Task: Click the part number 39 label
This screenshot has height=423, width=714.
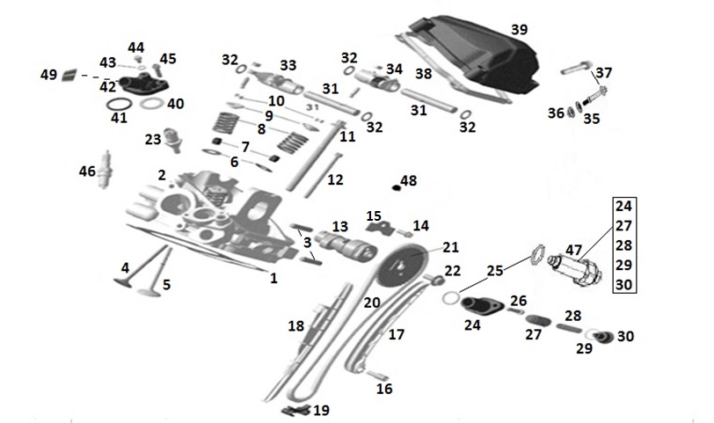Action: pos(520,30)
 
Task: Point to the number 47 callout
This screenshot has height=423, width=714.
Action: pos(574,250)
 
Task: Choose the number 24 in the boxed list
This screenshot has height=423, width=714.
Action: pos(623,208)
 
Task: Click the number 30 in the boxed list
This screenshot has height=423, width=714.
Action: pos(623,284)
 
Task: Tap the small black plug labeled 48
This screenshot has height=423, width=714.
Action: pos(395,186)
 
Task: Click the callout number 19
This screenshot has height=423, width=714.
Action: pos(322,410)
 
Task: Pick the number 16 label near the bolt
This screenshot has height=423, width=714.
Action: pos(384,389)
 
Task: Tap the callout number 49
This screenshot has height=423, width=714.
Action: pos(49,76)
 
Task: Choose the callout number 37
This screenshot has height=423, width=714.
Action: pos(604,73)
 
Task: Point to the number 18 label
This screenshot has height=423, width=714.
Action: pos(296,326)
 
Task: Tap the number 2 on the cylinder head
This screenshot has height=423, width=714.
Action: pos(162,175)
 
